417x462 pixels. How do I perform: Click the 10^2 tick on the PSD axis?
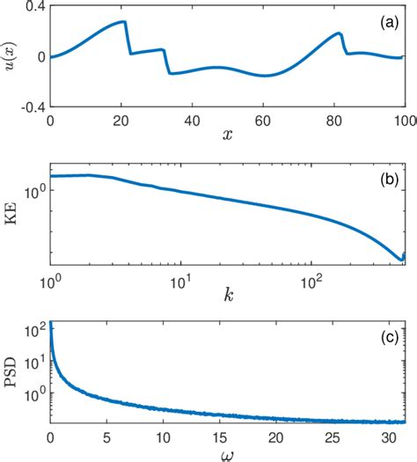(x=33, y=328)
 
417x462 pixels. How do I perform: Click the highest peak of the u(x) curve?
(x=122, y=21)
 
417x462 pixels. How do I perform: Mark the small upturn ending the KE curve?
(x=403, y=256)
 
